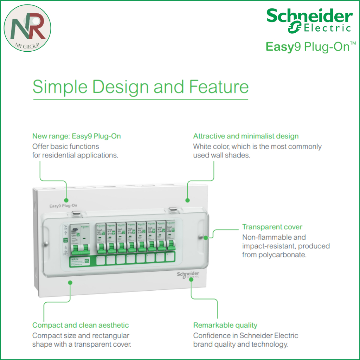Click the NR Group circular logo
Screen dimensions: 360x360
pyautogui.click(x=27, y=28)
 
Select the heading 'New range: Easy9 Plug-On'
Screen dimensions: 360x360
pyautogui.click(x=76, y=136)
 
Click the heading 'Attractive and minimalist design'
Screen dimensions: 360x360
pyautogui.click(x=246, y=136)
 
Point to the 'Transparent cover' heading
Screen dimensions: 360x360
pyautogui.click(x=272, y=227)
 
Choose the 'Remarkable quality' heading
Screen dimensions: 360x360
pyautogui.click(x=225, y=325)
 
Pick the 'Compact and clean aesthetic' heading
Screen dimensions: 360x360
pyautogui.click(x=81, y=325)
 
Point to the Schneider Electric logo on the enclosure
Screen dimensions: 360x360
pyautogui.click(x=188, y=275)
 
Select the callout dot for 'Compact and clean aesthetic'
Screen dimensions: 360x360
pyautogui.click(x=70, y=282)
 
